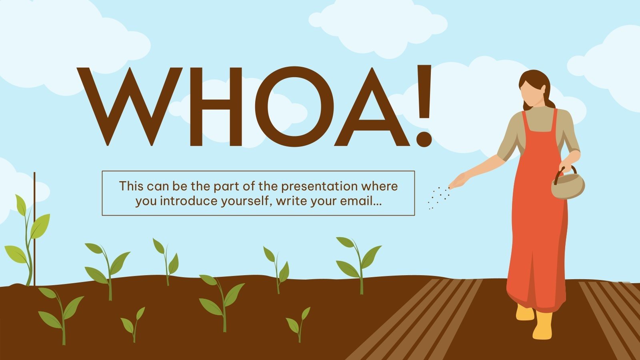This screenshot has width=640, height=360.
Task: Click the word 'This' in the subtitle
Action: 131,186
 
